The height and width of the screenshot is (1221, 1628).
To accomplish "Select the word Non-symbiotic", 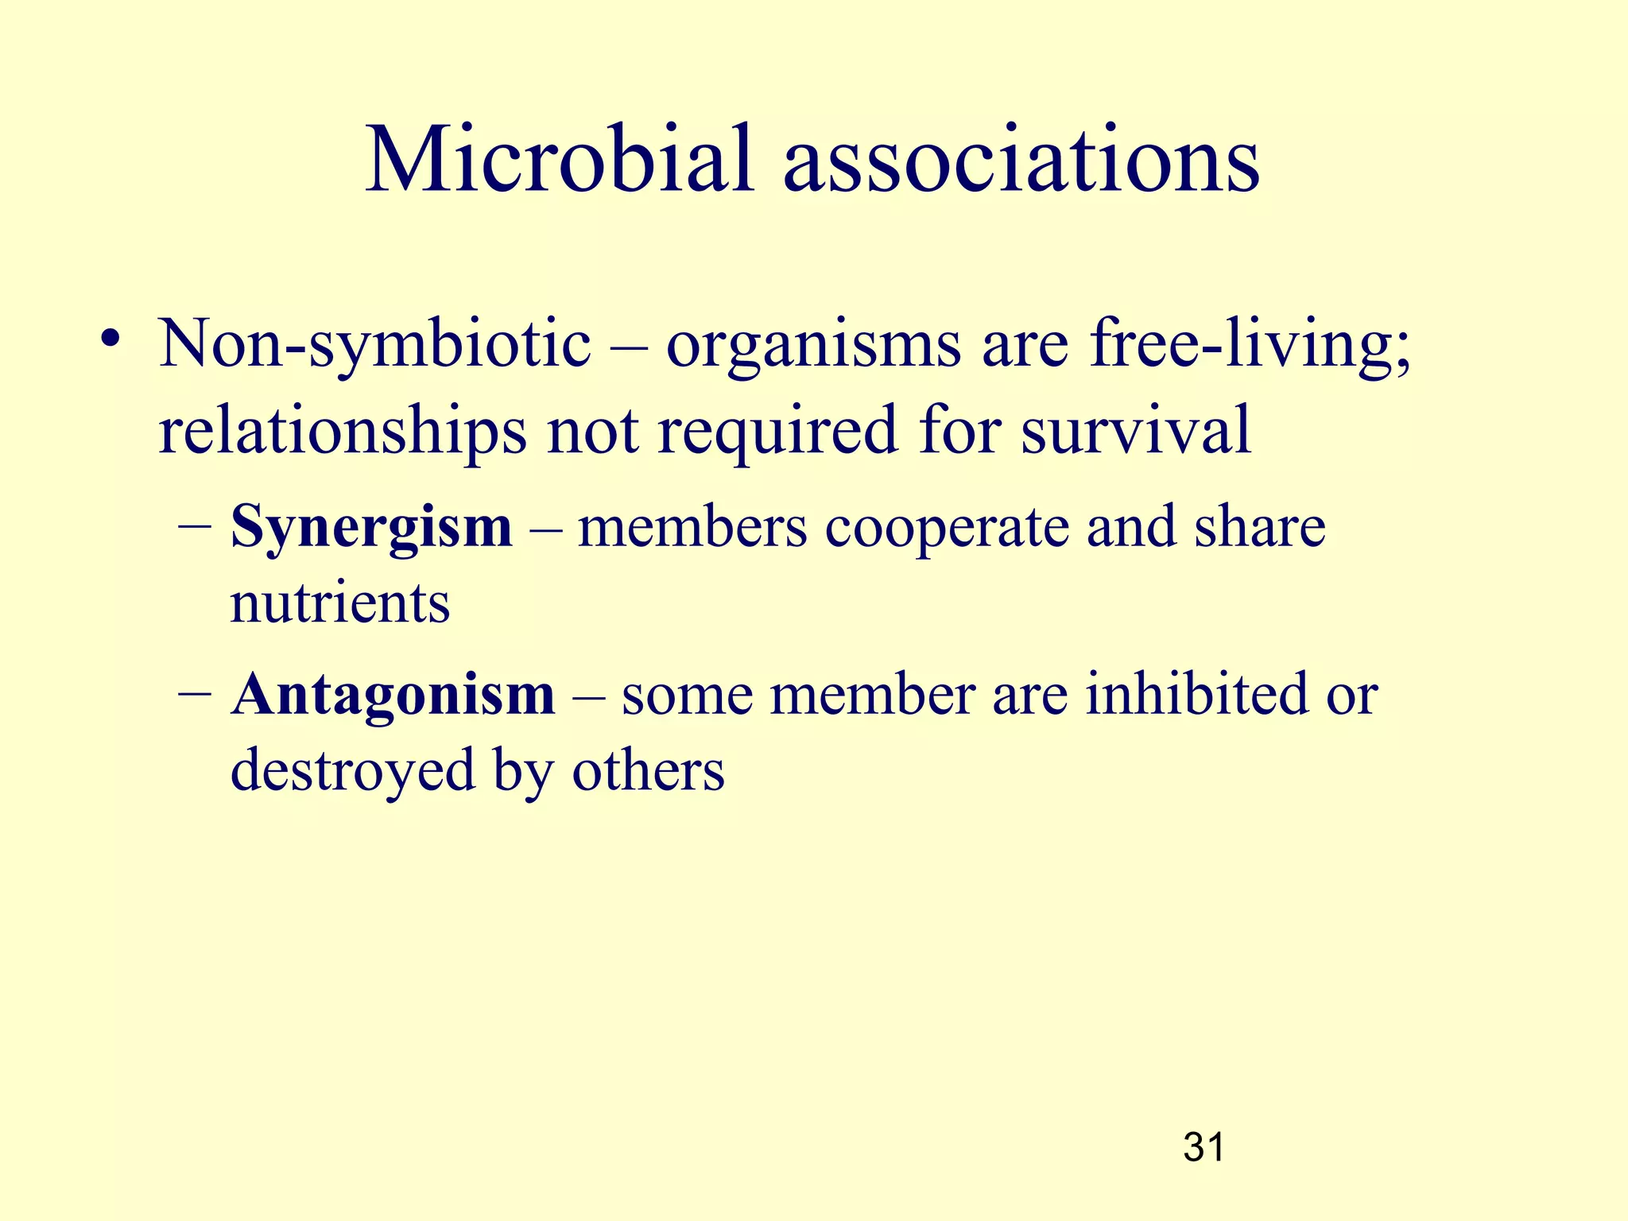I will [374, 345].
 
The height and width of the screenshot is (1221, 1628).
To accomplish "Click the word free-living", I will [1249, 345].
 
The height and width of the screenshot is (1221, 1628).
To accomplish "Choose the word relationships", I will [342, 431].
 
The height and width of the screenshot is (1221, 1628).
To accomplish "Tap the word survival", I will [1136, 429].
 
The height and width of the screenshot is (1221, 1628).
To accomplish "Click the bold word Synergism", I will [371, 528].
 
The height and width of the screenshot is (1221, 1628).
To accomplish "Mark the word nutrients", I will [339, 603].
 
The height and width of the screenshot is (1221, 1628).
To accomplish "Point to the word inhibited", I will [1193, 694].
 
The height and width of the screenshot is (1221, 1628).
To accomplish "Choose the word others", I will [648, 769].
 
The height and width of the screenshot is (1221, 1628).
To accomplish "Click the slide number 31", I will [1204, 1148].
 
